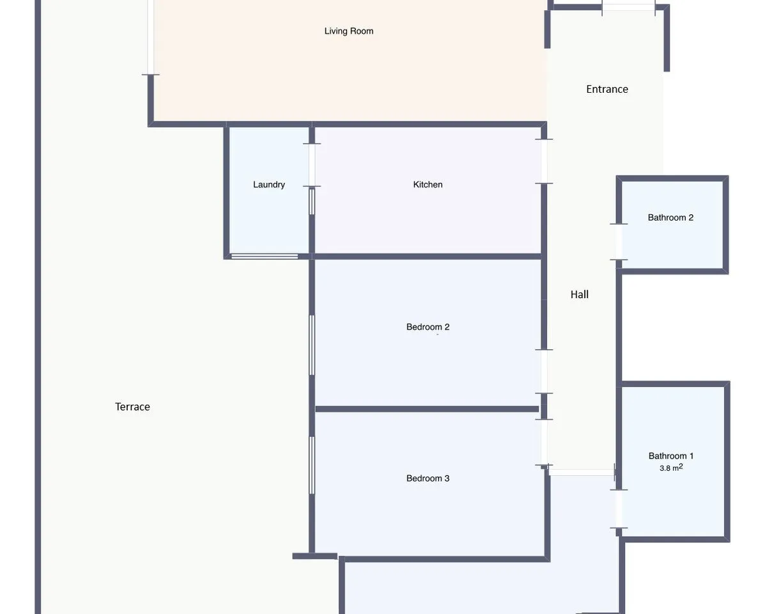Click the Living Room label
pos(349,31)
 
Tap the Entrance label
pos(607,90)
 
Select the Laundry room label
pos(269,184)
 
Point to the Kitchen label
pos(428,184)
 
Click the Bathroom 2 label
pos(670,217)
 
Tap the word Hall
pos(580,294)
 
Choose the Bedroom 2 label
pos(428,327)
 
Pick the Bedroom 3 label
pos(428,478)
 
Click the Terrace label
pos(132,407)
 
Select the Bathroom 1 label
pos(671,456)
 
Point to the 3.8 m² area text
pos(671,468)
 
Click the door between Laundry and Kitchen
pos(312,165)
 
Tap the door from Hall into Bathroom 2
pos(619,242)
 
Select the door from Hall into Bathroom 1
pos(619,508)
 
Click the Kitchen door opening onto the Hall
pos(544,162)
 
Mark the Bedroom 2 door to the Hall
pos(544,372)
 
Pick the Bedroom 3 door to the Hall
pos(544,442)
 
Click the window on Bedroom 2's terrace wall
pos(312,345)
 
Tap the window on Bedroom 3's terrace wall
pos(312,465)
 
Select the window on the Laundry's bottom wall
pos(265,256)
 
